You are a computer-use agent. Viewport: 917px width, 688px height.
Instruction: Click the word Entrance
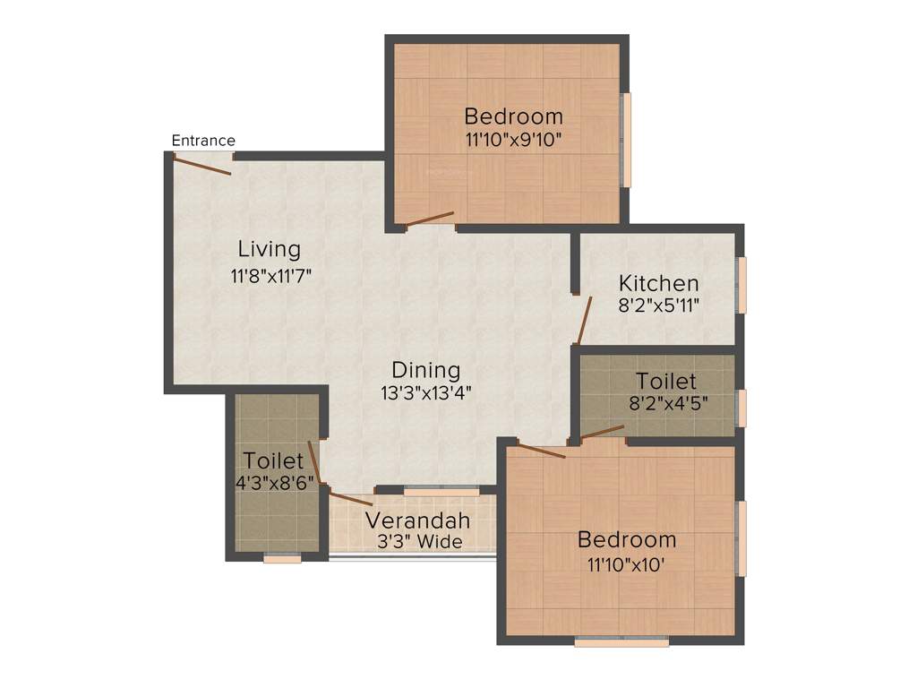[x=203, y=141]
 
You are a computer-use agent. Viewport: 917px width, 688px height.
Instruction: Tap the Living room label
[x=269, y=248]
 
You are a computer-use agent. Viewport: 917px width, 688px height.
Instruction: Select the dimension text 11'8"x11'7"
[x=270, y=276]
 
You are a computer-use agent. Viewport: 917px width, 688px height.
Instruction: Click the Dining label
[x=425, y=370]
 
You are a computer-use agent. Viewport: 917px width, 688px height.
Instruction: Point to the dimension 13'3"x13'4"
[x=425, y=391]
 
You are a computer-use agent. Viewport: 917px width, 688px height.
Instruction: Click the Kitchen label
[x=658, y=284]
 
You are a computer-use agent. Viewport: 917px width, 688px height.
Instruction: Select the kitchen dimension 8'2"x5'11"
[x=658, y=305]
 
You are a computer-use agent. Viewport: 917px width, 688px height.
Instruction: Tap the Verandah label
[x=417, y=520]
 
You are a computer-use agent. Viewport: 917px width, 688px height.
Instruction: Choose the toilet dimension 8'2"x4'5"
[x=669, y=402]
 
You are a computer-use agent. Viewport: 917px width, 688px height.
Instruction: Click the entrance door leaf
[x=202, y=166]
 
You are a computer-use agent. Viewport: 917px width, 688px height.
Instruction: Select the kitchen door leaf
[x=585, y=321]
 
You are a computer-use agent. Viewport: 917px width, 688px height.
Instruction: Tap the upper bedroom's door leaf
[x=430, y=219]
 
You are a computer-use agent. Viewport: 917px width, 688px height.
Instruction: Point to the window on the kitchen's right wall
[x=741, y=285]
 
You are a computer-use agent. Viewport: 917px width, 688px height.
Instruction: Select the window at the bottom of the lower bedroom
[x=621, y=642]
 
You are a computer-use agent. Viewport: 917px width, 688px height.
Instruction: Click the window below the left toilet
[x=282, y=559]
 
